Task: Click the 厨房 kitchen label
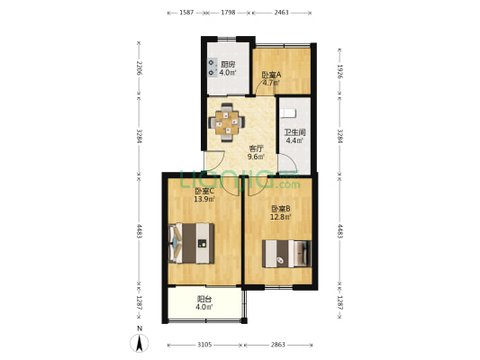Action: (228, 64)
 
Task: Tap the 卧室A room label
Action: (271, 76)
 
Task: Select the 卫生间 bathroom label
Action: (294, 132)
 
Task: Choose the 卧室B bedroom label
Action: (280, 209)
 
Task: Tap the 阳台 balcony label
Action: (204, 299)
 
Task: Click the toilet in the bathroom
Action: (287, 113)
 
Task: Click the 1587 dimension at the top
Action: (186, 13)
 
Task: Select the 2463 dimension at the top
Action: (281, 13)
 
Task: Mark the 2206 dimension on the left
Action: (139, 68)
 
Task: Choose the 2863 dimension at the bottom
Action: (277, 344)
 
